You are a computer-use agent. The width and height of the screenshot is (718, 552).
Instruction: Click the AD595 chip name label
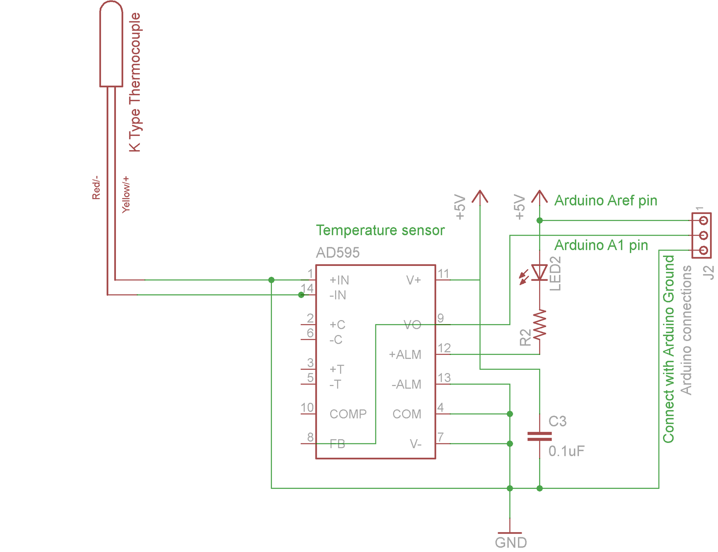[338, 253]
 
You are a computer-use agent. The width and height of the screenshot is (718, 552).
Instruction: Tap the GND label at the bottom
[511, 543]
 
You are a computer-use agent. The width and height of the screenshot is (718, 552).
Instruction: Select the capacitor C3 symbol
[539, 436]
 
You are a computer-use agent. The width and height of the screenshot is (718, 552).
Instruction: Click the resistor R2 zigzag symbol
[540, 324]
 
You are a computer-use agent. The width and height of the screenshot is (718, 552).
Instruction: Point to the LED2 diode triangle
[539, 272]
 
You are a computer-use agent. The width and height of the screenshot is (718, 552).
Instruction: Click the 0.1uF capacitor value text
[566, 451]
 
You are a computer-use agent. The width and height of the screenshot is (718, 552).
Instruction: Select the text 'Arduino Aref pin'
[605, 201]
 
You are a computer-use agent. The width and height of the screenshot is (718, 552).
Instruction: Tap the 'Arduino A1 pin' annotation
[601, 245]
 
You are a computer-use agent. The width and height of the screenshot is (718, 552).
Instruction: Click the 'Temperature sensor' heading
[380, 230]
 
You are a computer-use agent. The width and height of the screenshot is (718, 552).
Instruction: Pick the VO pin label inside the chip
[412, 325]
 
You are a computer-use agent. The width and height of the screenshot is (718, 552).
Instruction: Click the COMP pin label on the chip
[348, 414]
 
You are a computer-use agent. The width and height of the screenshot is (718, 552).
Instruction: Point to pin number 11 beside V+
[444, 274]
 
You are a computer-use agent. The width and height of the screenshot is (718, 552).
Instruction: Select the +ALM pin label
[405, 354]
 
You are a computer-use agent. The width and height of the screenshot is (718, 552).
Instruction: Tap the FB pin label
[337, 444]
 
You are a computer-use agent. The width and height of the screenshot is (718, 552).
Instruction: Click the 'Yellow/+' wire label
[126, 195]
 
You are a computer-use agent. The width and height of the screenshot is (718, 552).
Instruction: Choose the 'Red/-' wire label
[96, 187]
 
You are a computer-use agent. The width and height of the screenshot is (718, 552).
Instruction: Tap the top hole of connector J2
[703, 220]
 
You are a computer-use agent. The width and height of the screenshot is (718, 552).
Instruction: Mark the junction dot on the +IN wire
[271, 280]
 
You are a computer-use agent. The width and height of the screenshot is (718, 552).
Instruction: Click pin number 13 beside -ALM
[444, 378]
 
